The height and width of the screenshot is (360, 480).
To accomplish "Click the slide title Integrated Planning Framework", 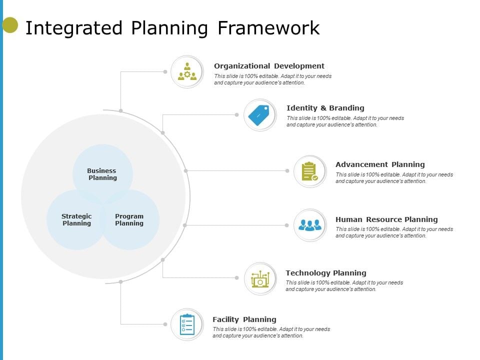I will pyautogui.click(x=172, y=28).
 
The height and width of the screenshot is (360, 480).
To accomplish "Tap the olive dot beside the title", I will pyautogui.click(x=10, y=25).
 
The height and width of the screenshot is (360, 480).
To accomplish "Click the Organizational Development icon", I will pyautogui.click(x=187, y=72).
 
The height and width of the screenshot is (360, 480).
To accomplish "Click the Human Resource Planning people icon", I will pyautogui.click(x=310, y=225).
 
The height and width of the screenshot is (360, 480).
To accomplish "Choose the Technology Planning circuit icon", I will pyautogui.click(x=260, y=278).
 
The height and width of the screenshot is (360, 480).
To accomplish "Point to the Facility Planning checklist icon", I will pyautogui.click(x=187, y=324).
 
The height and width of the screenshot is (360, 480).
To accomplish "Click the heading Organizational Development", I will pyautogui.click(x=269, y=66).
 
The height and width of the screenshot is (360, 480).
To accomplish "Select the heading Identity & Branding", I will pyautogui.click(x=325, y=108).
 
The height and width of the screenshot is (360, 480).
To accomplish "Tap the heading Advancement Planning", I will pyautogui.click(x=380, y=164).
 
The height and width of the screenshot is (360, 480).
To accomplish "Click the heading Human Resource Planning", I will pyautogui.click(x=386, y=219).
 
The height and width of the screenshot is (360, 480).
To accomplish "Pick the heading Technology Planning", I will pyautogui.click(x=326, y=273).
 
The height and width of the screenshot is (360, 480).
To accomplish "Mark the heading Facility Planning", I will pyautogui.click(x=244, y=319).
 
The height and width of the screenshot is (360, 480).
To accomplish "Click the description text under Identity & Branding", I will pyautogui.click(x=345, y=121).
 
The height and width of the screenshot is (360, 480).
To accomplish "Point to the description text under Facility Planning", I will pyautogui.click(x=271, y=332).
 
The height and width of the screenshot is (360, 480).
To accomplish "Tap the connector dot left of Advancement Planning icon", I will pyautogui.click(x=287, y=171).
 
